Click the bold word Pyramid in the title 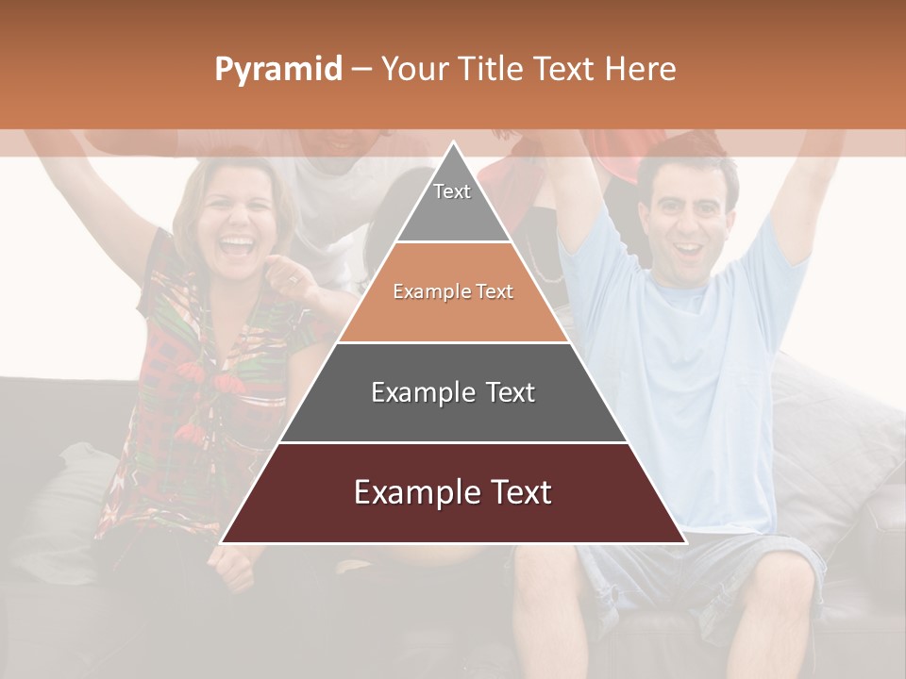click(x=278, y=69)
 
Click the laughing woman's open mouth click(x=237, y=248)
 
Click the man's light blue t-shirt click(x=689, y=377)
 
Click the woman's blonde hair click(x=193, y=193)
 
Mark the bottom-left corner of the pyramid click(x=222, y=542)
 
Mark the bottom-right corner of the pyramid click(x=685, y=542)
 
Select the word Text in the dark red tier click(x=514, y=492)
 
